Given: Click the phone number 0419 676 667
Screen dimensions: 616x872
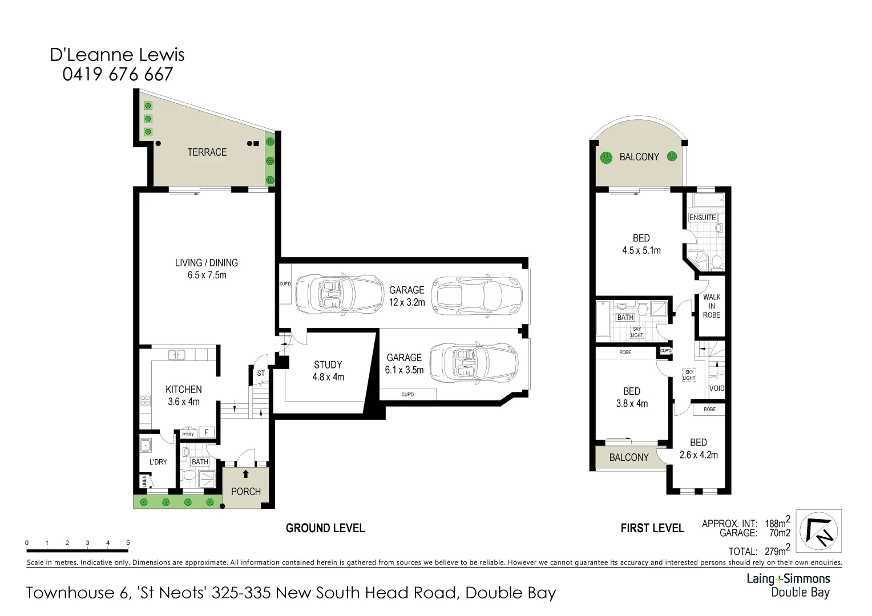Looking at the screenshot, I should pyautogui.click(x=118, y=74).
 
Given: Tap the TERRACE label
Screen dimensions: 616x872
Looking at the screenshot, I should pyautogui.click(x=207, y=152).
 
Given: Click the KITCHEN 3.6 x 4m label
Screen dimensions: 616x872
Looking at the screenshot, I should pyautogui.click(x=184, y=395).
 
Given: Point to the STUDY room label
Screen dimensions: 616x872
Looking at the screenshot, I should pyautogui.click(x=328, y=365).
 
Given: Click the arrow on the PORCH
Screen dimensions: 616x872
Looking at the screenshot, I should pyautogui.click(x=246, y=473).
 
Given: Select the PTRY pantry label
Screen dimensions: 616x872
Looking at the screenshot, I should pyautogui.click(x=188, y=435).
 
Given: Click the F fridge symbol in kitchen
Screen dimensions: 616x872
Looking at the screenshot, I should pyautogui.click(x=207, y=433).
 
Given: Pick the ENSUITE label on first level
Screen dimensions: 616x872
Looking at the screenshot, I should pyautogui.click(x=703, y=217).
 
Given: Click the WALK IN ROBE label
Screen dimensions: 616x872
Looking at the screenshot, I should pyautogui.click(x=712, y=306).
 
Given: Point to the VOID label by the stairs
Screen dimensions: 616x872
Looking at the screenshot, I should pyautogui.click(x=717, y=388).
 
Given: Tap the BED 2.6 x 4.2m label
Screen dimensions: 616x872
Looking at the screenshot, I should pyautogui.click(x=699, y=448).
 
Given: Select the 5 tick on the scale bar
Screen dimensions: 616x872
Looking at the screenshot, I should pyautogui.click(x=128, y=543).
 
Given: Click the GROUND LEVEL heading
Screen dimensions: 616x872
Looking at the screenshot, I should pyautogui.click(x=325, y=528).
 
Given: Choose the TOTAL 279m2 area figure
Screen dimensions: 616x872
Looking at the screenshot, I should pyautogui.click(x=759, y=551).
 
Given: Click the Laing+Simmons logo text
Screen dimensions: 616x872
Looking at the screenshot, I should pyautogui.click(x=788, y=579).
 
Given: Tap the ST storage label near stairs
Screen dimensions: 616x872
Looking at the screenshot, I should pyautogui.click(x=261, y=374).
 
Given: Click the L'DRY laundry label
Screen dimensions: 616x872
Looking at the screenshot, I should pyautogui.click(x=158, y=461).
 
